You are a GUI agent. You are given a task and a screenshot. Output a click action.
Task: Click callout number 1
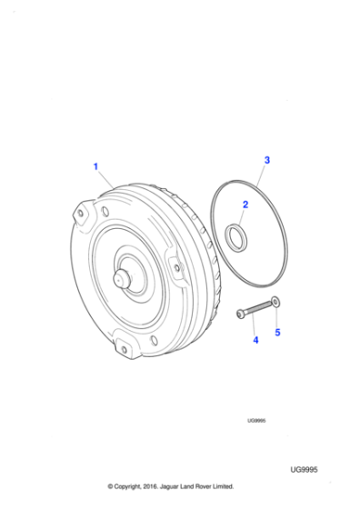tap(95, 165)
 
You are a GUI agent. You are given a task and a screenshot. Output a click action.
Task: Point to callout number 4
tap(255, 340)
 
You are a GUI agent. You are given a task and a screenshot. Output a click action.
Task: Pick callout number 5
tap(278, 333)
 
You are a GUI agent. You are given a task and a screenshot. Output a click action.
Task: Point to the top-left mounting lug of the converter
tap(83, 215)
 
